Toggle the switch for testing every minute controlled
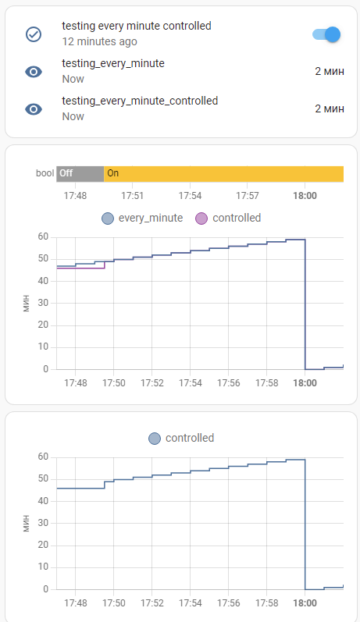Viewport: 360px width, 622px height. (327, 34)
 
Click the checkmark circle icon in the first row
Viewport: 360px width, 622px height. (34, 34)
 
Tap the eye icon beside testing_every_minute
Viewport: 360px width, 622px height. (34, 72)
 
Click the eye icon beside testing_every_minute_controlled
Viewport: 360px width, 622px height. (34, 109)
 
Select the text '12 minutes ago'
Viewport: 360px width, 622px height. (99, 41)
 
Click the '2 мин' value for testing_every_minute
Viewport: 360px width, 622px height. (329, 71)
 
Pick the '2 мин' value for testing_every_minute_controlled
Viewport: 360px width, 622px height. (329, 108)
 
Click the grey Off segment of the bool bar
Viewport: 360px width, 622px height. (80, 173)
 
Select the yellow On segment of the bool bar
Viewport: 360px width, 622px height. (223, 173)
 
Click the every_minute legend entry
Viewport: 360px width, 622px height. (142, 219)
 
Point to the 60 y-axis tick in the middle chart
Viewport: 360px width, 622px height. (43, 236)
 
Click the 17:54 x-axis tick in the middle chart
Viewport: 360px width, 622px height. (190, 383)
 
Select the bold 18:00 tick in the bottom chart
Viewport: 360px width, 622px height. (305, 603)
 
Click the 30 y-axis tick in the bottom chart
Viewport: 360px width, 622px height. (43, 523)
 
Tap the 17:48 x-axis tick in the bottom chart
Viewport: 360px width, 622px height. (76, 603)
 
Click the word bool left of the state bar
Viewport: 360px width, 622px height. (45, 173)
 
